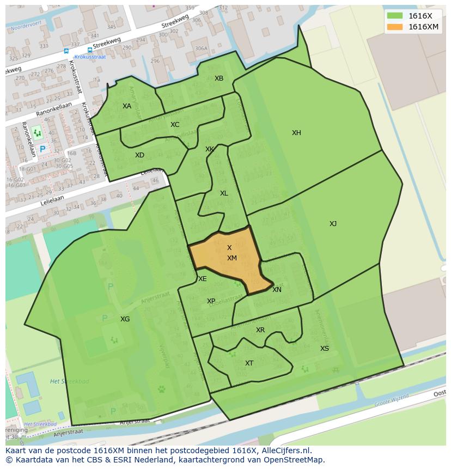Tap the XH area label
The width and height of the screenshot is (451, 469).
296,133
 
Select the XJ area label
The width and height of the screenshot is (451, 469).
333,224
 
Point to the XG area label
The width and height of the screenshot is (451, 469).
125,319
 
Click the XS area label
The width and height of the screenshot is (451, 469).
324,349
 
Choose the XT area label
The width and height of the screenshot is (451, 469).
249,363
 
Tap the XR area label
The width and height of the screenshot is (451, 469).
260,330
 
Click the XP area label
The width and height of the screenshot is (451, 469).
211,301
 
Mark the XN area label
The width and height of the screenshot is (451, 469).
277,290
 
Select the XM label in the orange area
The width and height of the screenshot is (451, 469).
232,258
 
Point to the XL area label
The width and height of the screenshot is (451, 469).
224,193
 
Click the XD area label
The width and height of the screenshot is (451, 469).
139,155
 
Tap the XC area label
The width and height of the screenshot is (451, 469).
174,125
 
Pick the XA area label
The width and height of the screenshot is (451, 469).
127,106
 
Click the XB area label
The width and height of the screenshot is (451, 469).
218,78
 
